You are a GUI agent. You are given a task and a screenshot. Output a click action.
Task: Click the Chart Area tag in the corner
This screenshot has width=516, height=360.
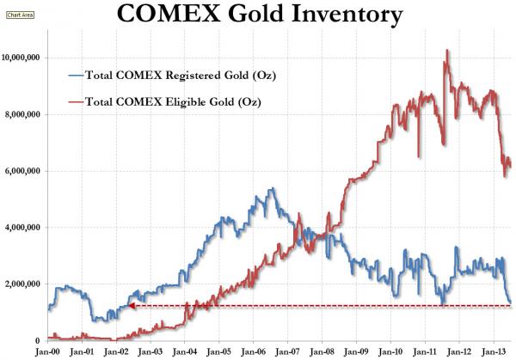(x=21, y=14)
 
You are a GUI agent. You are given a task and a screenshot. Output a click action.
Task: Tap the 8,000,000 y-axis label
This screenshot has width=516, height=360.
(x=25, y=114)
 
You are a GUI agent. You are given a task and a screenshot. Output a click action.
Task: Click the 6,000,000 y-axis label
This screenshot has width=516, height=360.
(x=25, y=171)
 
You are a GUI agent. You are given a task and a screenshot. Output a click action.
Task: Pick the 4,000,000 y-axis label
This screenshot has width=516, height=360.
(x=25, y=228)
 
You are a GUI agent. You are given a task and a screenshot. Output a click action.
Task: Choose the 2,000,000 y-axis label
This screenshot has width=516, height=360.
(x=25, y=284)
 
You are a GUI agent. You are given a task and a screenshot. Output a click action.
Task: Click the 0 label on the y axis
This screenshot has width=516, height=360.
(x=40, y=340)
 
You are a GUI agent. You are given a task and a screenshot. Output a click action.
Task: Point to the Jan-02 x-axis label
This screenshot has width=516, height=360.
(x=115, y=351)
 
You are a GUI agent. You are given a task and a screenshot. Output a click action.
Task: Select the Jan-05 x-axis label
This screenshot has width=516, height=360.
(x=218, y=351)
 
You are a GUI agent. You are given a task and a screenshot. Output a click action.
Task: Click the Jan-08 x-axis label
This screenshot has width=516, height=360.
(x=322, y=351)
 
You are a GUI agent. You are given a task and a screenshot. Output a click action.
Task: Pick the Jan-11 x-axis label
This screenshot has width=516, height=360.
(x=425, y=351)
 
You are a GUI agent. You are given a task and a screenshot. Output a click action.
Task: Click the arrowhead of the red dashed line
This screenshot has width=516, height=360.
(x=132, y=306)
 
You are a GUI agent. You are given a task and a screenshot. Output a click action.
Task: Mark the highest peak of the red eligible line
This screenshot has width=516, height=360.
(x=447, y=51)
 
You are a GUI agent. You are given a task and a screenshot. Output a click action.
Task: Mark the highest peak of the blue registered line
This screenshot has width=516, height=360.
(x=273, y=188)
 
